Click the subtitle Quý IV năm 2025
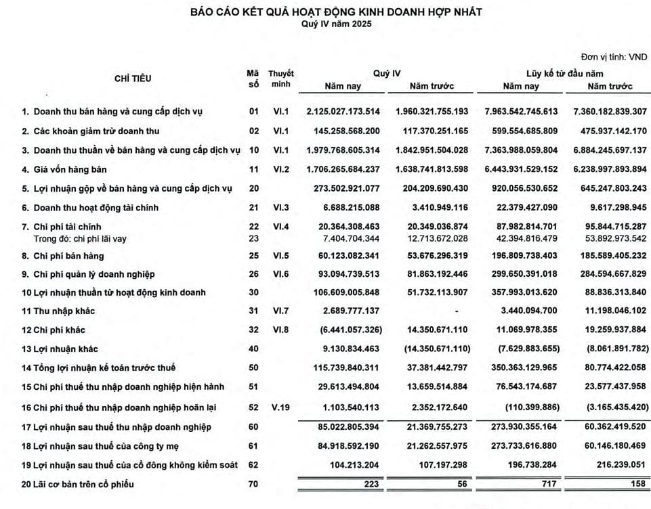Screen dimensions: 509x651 336,24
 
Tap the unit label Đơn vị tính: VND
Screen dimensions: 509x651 614,58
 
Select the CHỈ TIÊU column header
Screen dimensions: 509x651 133,79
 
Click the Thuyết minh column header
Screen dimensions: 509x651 280,79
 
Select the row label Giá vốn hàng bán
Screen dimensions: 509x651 68,169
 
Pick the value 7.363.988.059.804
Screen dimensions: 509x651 520,150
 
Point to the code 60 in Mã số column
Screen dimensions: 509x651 254,427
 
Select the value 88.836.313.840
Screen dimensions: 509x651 608,292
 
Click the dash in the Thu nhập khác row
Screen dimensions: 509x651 457,311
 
